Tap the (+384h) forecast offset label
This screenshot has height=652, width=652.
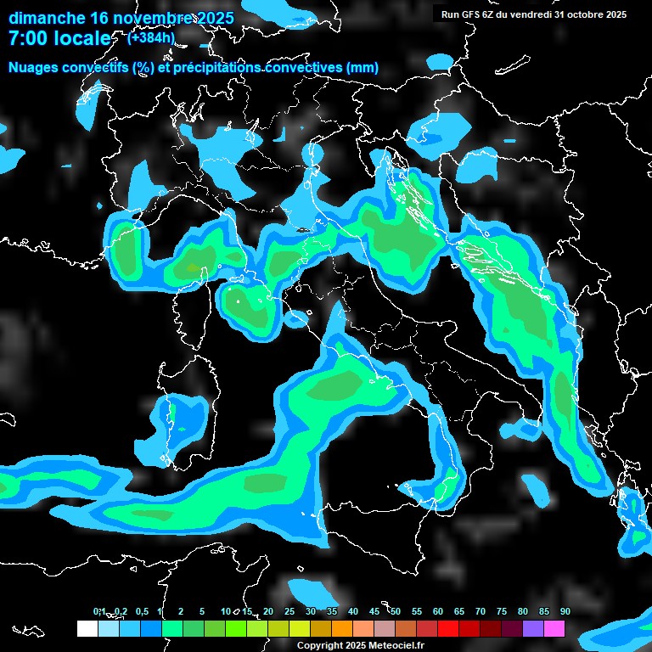pyautogui.click(x=151, y=37)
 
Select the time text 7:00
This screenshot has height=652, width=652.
pyautogui.click(x=26, y=38)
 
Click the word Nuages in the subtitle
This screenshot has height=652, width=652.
pyautogui.click(x=36, y=68)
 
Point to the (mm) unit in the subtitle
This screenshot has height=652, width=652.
pyautogui.click(x=363, y=68)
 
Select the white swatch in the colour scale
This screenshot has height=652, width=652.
pyautogui.click(x=87, y=629)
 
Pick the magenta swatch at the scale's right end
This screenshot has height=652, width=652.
pyautogui.click(x=554, y=629)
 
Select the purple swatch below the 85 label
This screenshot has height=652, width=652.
pyautogui.click(x=532, y=629)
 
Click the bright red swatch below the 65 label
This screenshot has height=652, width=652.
pyautogui.click(x=447, y=629)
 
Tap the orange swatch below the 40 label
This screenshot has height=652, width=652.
pyautogui.click(x=341, y=629)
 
